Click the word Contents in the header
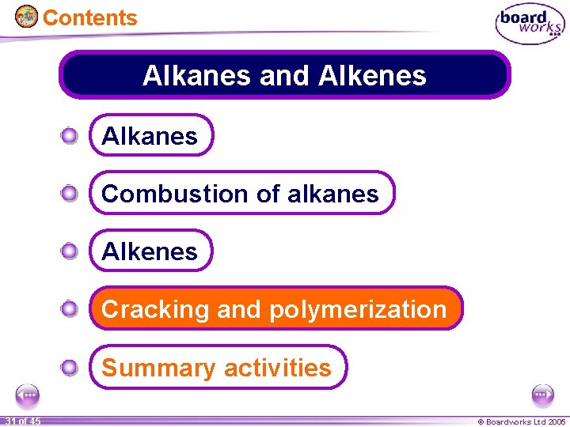[x=89, y=17]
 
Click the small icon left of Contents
[x=26, y=17]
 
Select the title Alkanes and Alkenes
[x=285, y=75]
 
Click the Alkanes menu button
[x=150, y=136]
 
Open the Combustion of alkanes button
[x=241, y=194]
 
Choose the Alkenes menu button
[x=150, y=251]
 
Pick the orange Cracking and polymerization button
[x=275, y=309]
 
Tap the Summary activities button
[x=217, y=368]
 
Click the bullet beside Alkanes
[x=70, y=136]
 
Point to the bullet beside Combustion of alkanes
[x=70, y=194]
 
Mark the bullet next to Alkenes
[x=70, y=251]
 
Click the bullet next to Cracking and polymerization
[x=70, y=309]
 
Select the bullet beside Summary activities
[x=70, y=367]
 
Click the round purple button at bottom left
[x=28, y=395]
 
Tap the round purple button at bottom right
[x=542, y=395]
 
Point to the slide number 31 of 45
[x=21, y=421]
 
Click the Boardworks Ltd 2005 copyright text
[x=521, y=421]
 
